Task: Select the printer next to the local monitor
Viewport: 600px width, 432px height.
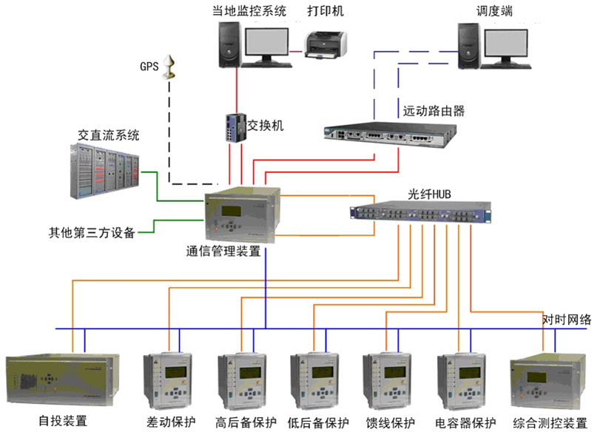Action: click(x=326, y=44)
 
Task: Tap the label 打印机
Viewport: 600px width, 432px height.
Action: click(x=325, y=11)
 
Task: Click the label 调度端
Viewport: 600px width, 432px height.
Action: click(x=496, y=11)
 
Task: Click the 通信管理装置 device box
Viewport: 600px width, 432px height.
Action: click(x=243, y=215)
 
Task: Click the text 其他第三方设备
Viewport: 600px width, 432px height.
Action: click(x=87, y=234)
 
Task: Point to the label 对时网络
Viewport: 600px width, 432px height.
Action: click(x=566, y=319)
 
